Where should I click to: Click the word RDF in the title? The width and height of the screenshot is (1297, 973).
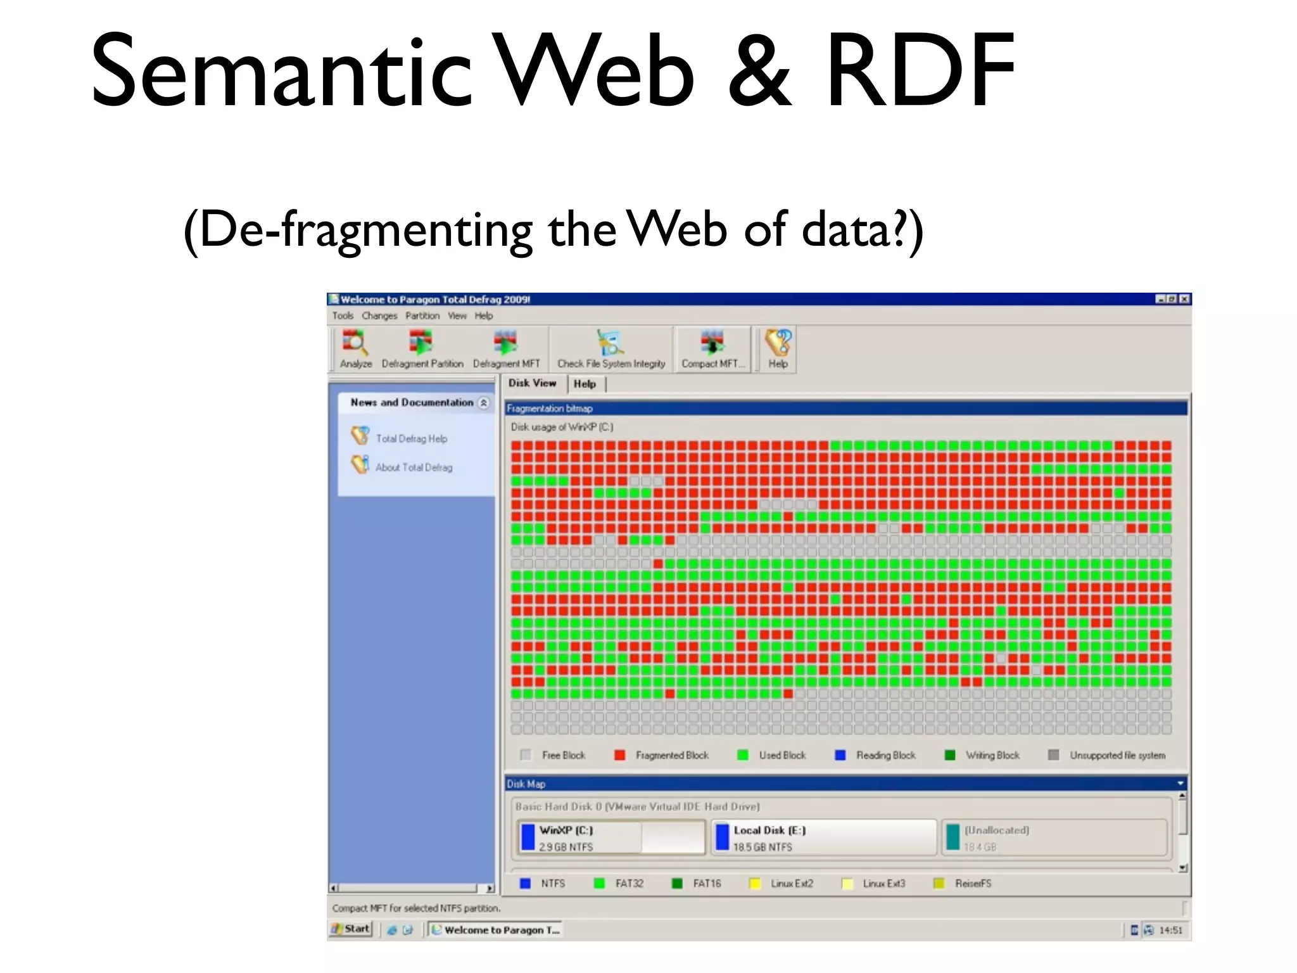[920, 71]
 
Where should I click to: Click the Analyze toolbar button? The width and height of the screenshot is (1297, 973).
[355, 349]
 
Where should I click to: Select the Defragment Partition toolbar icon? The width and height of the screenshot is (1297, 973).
[421, 349]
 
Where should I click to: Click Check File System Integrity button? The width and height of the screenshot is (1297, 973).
[611, 349]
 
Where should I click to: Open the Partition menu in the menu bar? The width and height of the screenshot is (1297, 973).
[422, 315]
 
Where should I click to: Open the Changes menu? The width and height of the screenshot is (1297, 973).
[379, 315]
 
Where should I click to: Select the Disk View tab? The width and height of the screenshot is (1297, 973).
[532, 383]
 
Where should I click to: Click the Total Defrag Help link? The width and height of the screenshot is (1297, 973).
[411, 438]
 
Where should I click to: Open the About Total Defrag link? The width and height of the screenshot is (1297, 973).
[414, 467]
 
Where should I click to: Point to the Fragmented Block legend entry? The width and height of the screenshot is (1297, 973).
[671, 755]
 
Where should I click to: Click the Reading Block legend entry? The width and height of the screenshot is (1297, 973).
[885, 755]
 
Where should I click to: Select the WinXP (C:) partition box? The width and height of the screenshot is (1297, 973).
[611, 837]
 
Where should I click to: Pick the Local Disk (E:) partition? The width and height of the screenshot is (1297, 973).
[823, 837]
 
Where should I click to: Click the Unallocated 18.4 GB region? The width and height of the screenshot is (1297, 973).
[1054, 837]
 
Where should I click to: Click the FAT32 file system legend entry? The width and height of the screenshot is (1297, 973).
[628, 883]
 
